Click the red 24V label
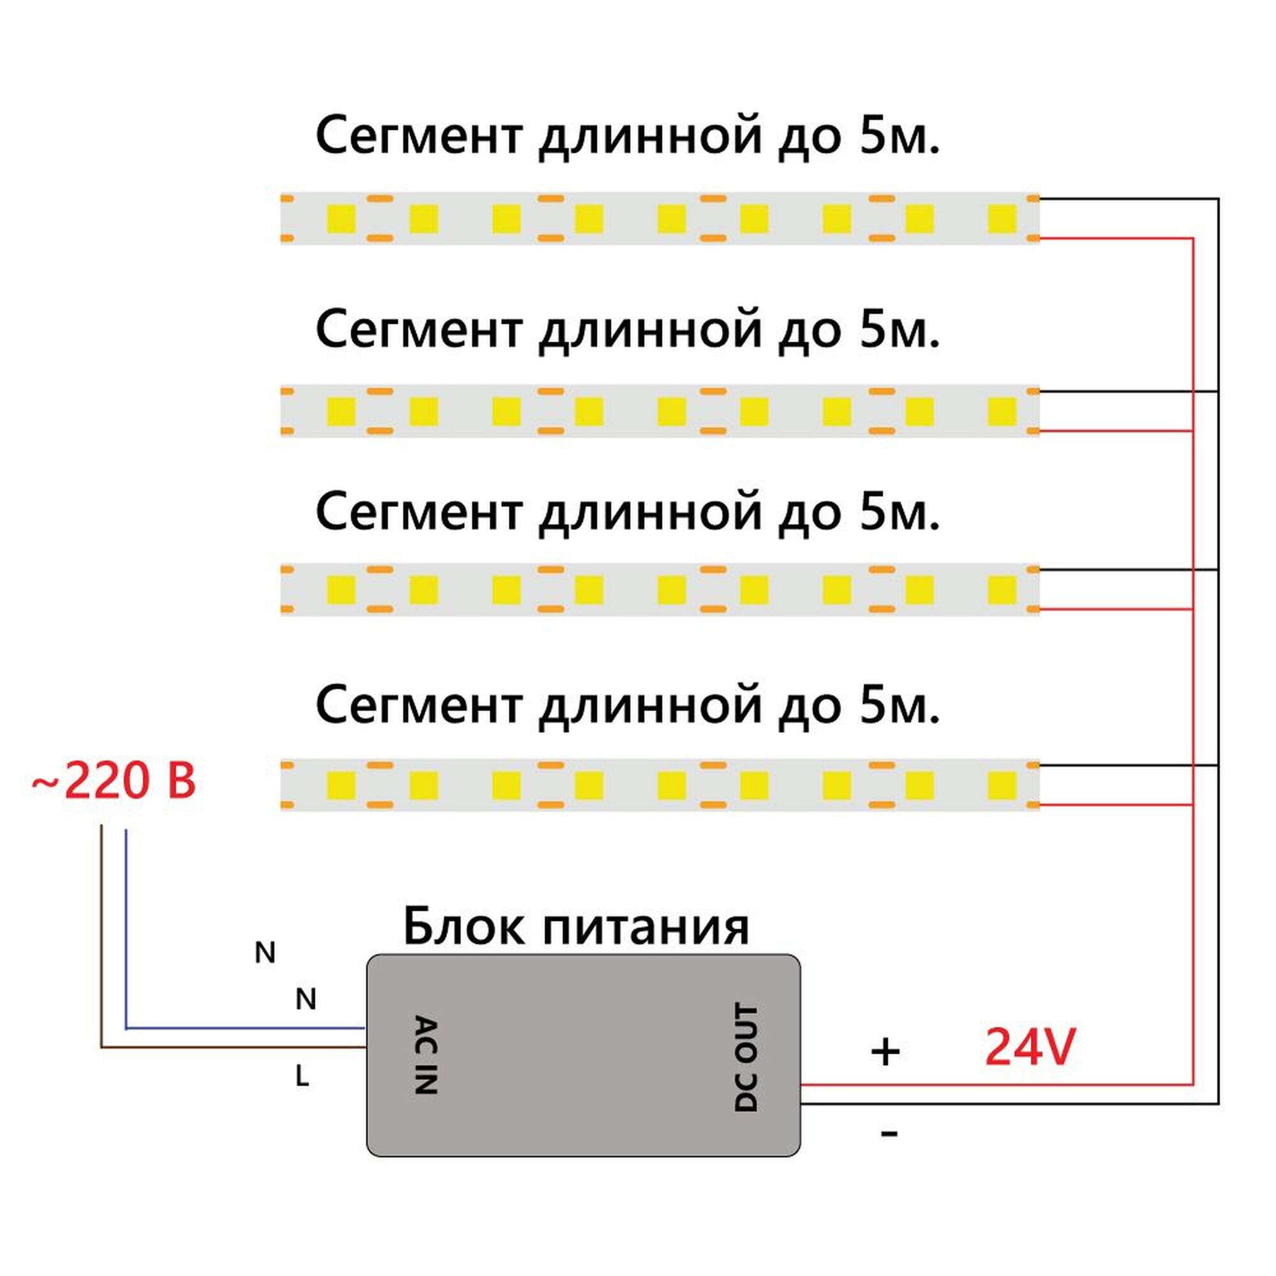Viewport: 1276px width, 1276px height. click(1030, 1047)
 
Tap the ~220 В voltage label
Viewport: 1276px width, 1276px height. click(114, 781)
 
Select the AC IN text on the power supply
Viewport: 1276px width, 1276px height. click(426, 1055)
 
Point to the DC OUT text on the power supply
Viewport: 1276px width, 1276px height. click(746, 1057)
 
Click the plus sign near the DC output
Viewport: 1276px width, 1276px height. click(885, 1052)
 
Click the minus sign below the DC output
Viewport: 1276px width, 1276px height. click(889, 1133)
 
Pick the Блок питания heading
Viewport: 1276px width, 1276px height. click(576, 926)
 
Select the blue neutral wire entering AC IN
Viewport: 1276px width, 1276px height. click(244, 1028)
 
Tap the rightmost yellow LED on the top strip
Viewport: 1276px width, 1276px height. click(1001, 219)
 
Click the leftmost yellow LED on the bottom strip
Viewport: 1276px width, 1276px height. click(341, 785)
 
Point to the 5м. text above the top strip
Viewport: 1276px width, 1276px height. click(899, 135)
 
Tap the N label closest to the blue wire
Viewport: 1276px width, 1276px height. click(306, 999)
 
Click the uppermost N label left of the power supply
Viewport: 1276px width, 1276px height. click(265, 953)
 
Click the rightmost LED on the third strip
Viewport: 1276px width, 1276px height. click(1001, 589)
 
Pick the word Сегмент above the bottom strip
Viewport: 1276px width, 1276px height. click(419, 705)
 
